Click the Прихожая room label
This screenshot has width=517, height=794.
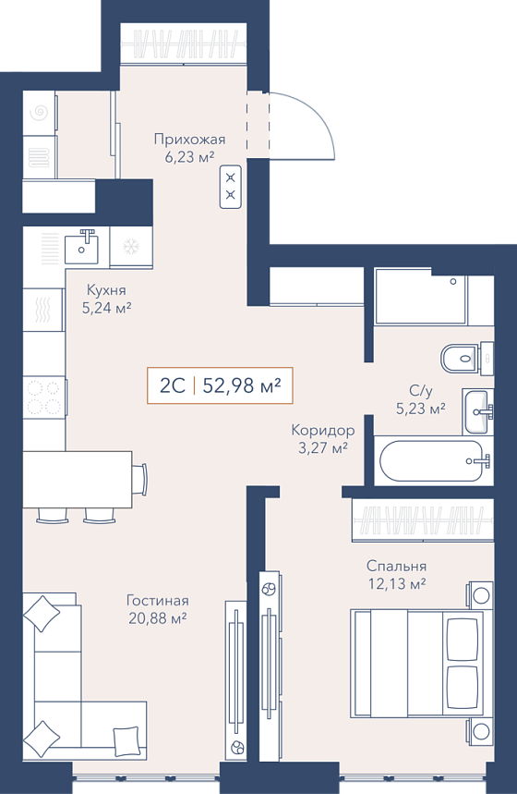[189, 139]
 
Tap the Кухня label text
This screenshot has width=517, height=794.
[106, 290]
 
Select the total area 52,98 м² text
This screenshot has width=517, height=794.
[242, 386]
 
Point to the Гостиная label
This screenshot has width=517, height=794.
[157, 601]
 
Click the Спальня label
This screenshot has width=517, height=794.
[397, 566]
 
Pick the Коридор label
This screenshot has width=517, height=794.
[323, 431]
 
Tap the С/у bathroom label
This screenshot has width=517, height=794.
[421, 390]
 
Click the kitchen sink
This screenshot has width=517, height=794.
[81, 246]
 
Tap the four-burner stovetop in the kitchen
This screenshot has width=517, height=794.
[44, 397]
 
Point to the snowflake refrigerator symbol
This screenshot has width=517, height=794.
[131, 247]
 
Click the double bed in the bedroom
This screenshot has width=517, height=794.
[416, 664]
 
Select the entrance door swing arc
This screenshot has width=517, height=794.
[319, 116]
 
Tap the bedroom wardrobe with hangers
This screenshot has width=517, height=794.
[423, 520]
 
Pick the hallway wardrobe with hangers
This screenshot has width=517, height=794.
[184, 43]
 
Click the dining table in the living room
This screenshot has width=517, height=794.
[78, 479]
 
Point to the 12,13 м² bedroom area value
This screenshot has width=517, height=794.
[397, 584]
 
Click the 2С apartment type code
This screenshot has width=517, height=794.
[172, 386]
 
